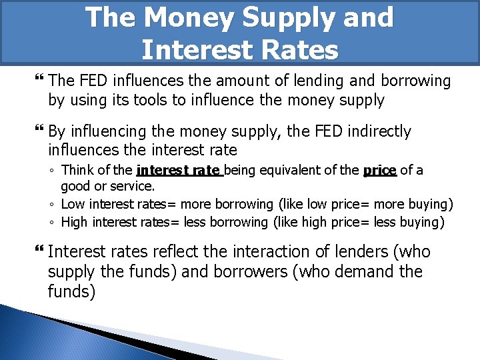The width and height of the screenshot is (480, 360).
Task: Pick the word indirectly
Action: tap(376, 131)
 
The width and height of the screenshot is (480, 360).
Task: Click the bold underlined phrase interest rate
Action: tap(179, 171)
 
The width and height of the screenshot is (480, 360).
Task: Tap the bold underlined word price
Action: tap(380, 171)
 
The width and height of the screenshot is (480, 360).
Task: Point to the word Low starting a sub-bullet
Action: tap(73, 205)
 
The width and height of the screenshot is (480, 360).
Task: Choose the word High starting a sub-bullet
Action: tap(75, 221)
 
